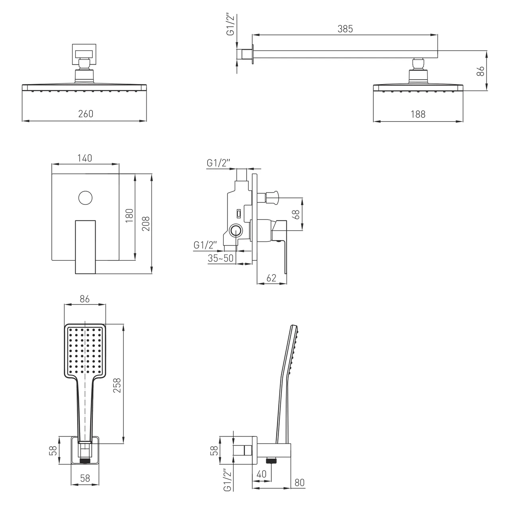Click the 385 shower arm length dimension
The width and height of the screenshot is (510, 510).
click(x=345, y=29)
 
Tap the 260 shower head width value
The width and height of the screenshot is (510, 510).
click(x=86, y=114)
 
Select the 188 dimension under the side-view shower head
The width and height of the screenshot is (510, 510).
click(x=418, y=114)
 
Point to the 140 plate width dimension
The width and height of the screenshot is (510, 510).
click(x=85, y=158)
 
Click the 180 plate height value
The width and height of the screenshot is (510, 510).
click(x=129, y=216)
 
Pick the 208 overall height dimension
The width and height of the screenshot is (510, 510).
click(x=146, y=224)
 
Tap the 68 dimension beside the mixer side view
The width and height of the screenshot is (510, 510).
click(x=296, y=214)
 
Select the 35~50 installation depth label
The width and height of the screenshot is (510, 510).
click(x=220, y=258)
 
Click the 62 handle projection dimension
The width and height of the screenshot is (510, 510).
click(x=271, y=278)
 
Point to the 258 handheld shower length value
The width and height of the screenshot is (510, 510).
click(x=117, y=385)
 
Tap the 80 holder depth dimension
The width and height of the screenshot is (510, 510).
click(x=299, y=483)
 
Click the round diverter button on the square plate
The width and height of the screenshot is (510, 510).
click(x=86, y=198)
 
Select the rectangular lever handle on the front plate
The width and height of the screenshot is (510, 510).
click(x=85, y=247)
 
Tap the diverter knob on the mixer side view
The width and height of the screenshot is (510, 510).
click(x=272, y=198)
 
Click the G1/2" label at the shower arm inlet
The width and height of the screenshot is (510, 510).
click(x=231, y=25)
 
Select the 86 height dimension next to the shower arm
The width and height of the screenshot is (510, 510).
click(x=480, y=71)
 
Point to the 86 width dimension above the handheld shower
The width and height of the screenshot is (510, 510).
click(x=85, y=299)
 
